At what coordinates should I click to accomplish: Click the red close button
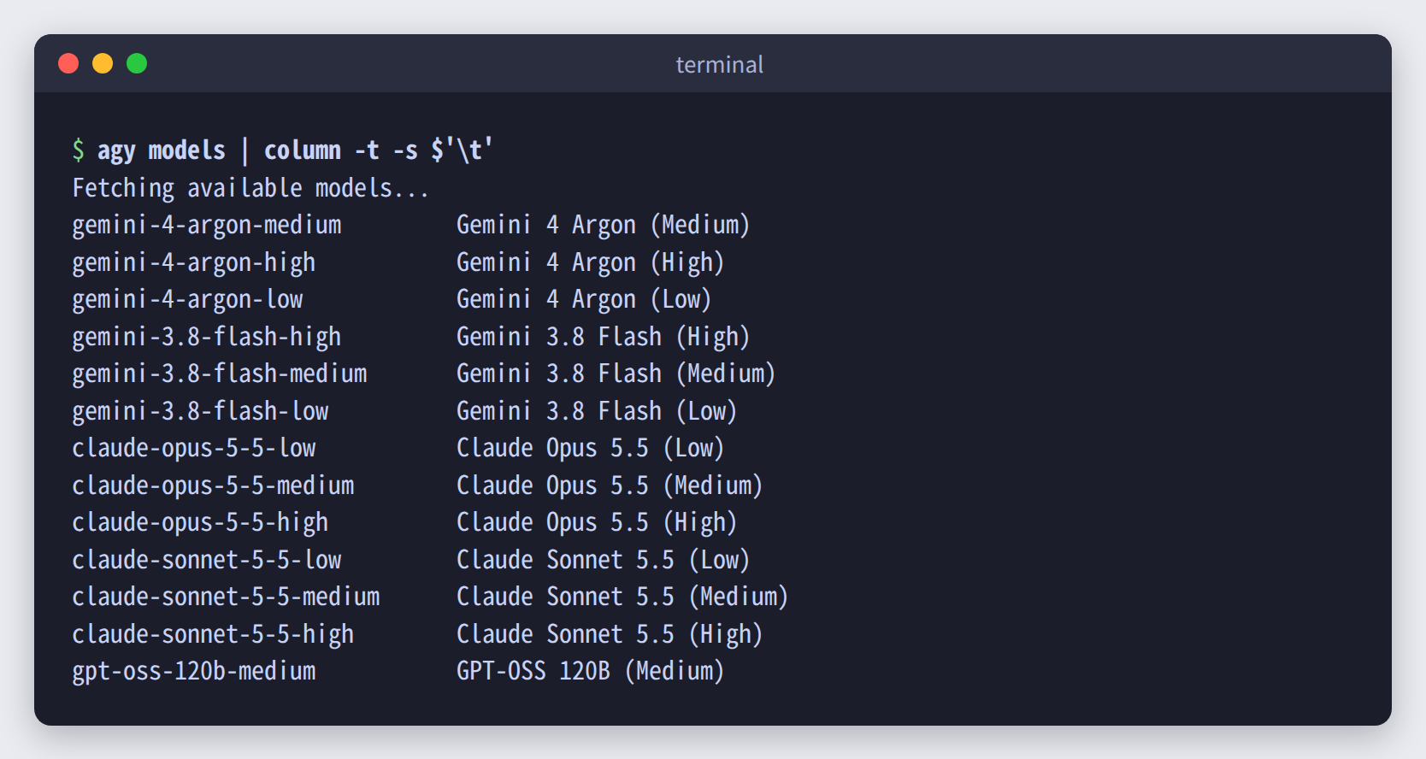[68, 63]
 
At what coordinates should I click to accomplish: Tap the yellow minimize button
[103, 63]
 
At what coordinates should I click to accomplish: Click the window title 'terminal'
[719, 64]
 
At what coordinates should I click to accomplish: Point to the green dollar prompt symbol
[79, 150]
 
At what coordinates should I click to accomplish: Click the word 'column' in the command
[303, 150]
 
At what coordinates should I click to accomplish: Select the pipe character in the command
[245, 151]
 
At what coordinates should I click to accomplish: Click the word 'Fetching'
[123, 188]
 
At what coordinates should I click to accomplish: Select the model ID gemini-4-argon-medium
[207, 225]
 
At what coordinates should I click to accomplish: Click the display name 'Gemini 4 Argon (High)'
[590, 262]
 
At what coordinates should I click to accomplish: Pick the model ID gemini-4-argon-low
[187, 300]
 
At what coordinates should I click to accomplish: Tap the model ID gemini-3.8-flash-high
[207, 337]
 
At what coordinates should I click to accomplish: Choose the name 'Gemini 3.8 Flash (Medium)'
[616, 374]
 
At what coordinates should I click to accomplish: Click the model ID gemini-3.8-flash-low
[201, 411]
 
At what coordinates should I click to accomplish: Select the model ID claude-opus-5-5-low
[193, 448]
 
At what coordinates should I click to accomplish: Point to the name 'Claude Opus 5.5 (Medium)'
[610, 485]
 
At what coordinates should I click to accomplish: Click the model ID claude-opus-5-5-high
[201, 522]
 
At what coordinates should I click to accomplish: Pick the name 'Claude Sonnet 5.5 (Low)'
[603, 560]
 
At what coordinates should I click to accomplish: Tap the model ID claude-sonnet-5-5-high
[213, 634]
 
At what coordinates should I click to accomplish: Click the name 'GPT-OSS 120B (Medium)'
[590, 671]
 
